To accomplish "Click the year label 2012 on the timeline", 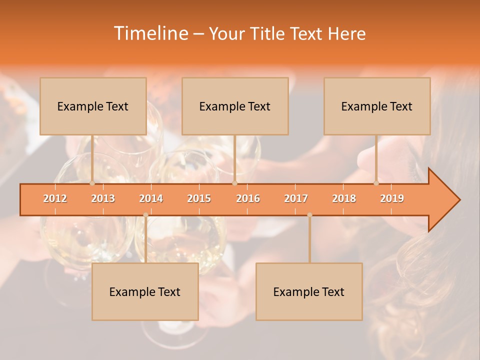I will coord(55,198).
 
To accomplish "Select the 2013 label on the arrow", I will coord(103,198).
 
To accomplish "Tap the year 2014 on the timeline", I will coord(151,198).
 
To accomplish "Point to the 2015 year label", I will coord(199,198).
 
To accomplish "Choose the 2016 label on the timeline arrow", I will coord(248,198).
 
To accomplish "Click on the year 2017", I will coord(296,198).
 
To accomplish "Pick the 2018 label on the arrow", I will coord(344,198).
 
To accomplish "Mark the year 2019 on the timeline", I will coord(392,198).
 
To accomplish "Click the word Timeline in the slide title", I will coord(150,33).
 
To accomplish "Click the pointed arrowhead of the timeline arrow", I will coord(445,200).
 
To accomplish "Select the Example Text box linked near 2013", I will coord(93,106).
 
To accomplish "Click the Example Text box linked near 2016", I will coord(235,106).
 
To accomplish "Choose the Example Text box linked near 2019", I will coord(377,106).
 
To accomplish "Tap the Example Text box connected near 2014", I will coord(145,291).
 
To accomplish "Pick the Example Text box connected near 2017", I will coord(309,291).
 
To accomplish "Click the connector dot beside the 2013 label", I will coord(92,183).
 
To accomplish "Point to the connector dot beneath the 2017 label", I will coord(309,215).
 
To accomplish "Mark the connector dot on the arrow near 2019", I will coord(376,183).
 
